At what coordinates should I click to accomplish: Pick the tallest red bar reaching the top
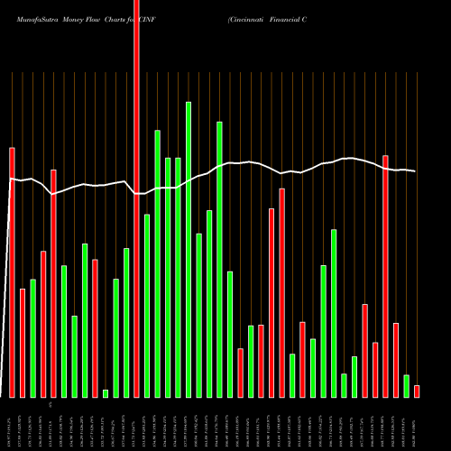(x=137, y=198)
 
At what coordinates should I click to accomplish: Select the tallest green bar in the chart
(x=189, y=249)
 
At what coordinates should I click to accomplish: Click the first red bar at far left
(x=12, y=272)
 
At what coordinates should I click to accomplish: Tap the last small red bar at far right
(x=417, y=391)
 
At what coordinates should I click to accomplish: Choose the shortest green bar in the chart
(x=106, y=393)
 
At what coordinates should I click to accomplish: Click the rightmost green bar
(x=406, y=386)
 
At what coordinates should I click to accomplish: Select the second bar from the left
(x=23, y=343)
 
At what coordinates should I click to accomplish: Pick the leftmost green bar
(x=32, y=338)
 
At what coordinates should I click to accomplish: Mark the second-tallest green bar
(x=220, y=259)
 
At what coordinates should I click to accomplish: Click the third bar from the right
(x=396, y=360)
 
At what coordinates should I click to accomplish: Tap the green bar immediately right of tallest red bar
(x=147, y=306)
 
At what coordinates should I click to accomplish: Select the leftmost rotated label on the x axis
(x=10, y=423)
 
